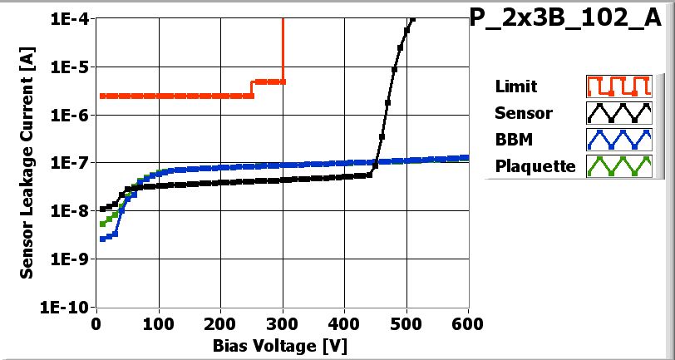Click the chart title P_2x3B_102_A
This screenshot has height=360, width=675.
[571, 21]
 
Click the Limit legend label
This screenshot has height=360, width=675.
[515, 86]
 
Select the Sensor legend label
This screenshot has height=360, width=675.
[523, 113]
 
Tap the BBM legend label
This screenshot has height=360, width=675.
[512, 140]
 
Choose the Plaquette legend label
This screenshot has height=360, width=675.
[535, 166]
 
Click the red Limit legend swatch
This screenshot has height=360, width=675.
[617, 86]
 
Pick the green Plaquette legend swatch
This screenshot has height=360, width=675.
[617, 166]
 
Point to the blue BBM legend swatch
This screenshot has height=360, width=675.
[617, 140]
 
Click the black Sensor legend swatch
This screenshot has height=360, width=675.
[617, 113]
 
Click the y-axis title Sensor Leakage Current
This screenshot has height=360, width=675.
[27, 162]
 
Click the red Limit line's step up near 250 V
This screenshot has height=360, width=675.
[252, 89]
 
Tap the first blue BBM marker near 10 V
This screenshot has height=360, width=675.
[102, 239]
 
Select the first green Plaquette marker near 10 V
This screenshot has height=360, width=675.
[102, 224]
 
